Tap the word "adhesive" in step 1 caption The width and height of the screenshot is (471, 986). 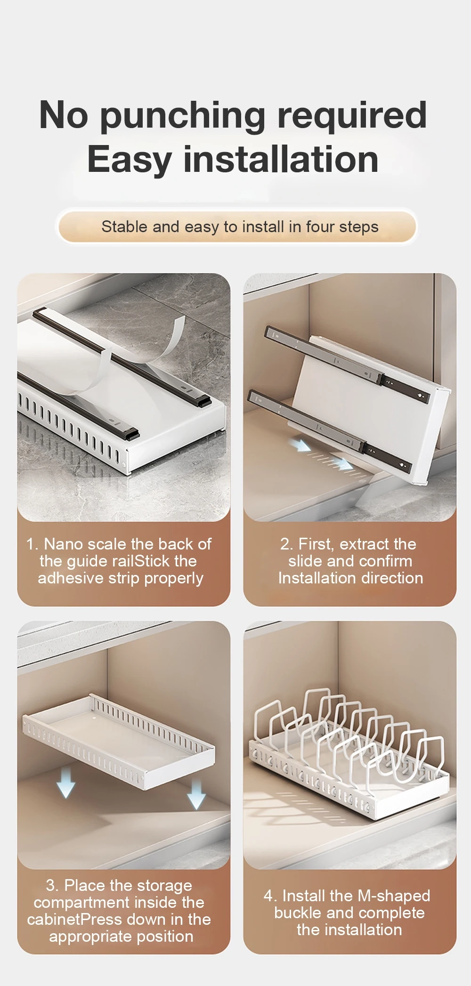click(65, 578)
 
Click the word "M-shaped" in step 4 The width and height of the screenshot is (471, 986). click(394, 896)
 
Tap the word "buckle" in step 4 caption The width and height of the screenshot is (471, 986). click(298, 913)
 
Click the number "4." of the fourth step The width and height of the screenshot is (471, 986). click(271, 896)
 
